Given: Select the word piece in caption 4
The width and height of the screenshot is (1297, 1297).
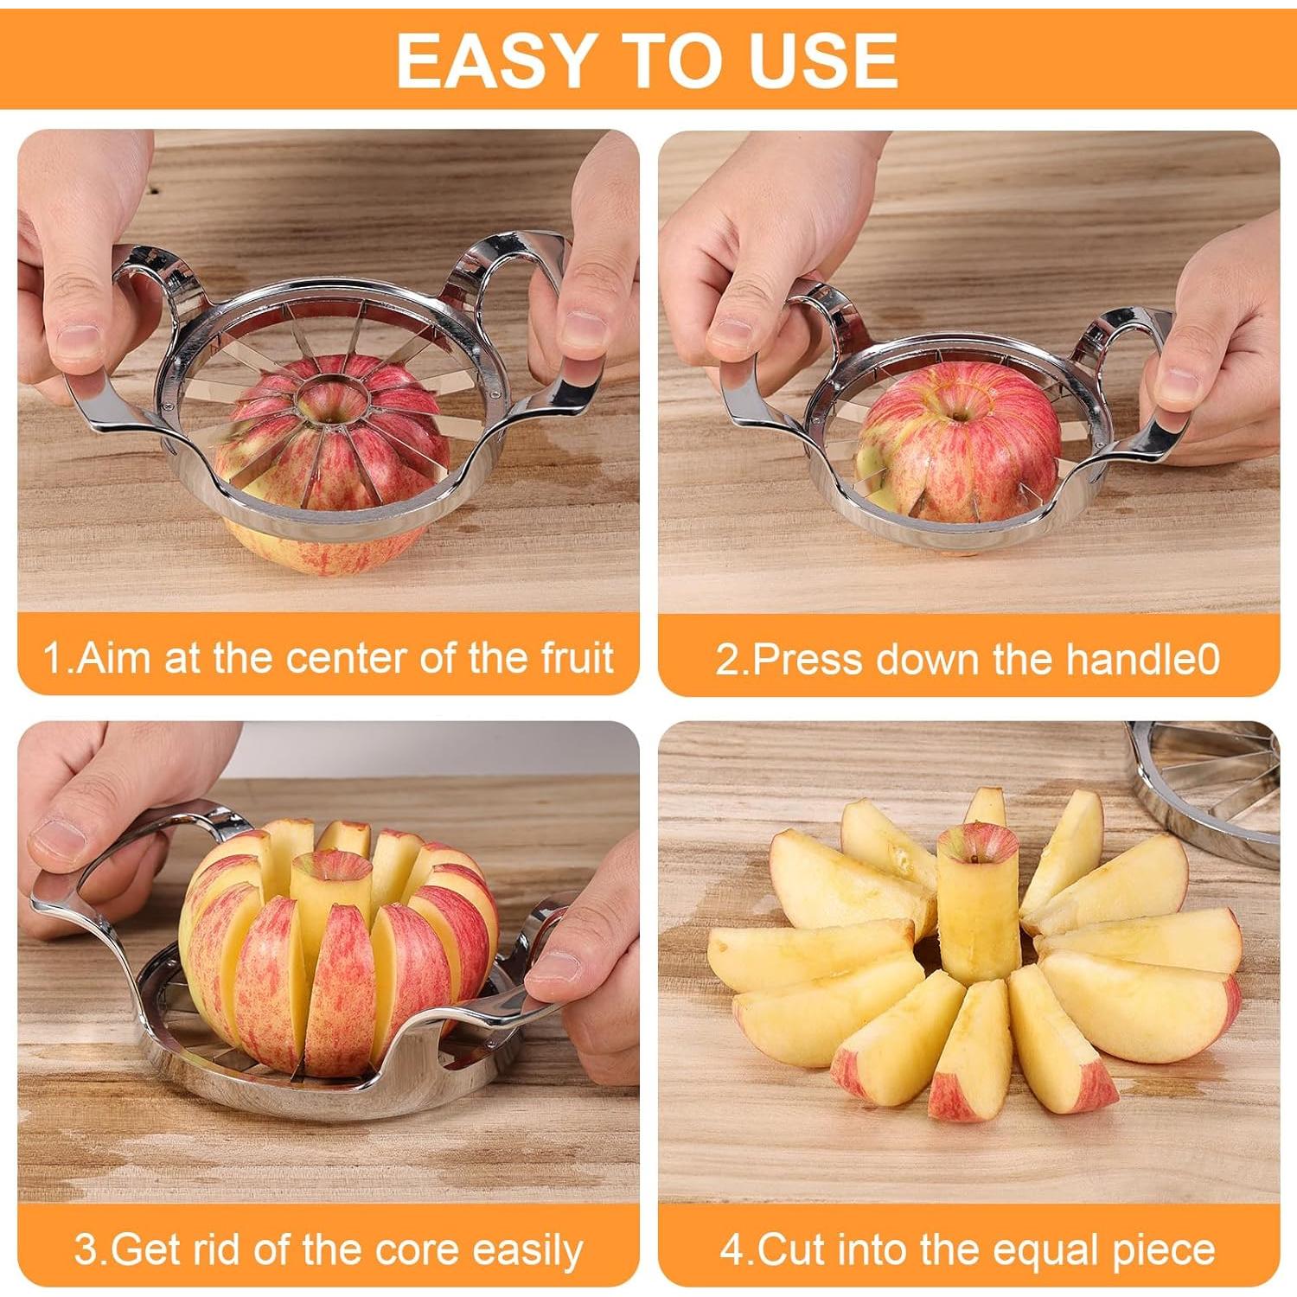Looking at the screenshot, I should [x=1167, y=1251].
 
